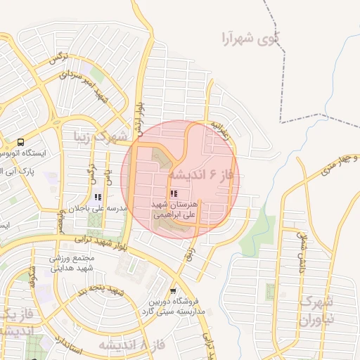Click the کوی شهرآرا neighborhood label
[249, 37]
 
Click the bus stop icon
[22, 141]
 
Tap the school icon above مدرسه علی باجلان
[97, 198]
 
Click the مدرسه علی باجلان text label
[97, 209]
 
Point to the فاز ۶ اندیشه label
[205, 174]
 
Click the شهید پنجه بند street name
[103, 291]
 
